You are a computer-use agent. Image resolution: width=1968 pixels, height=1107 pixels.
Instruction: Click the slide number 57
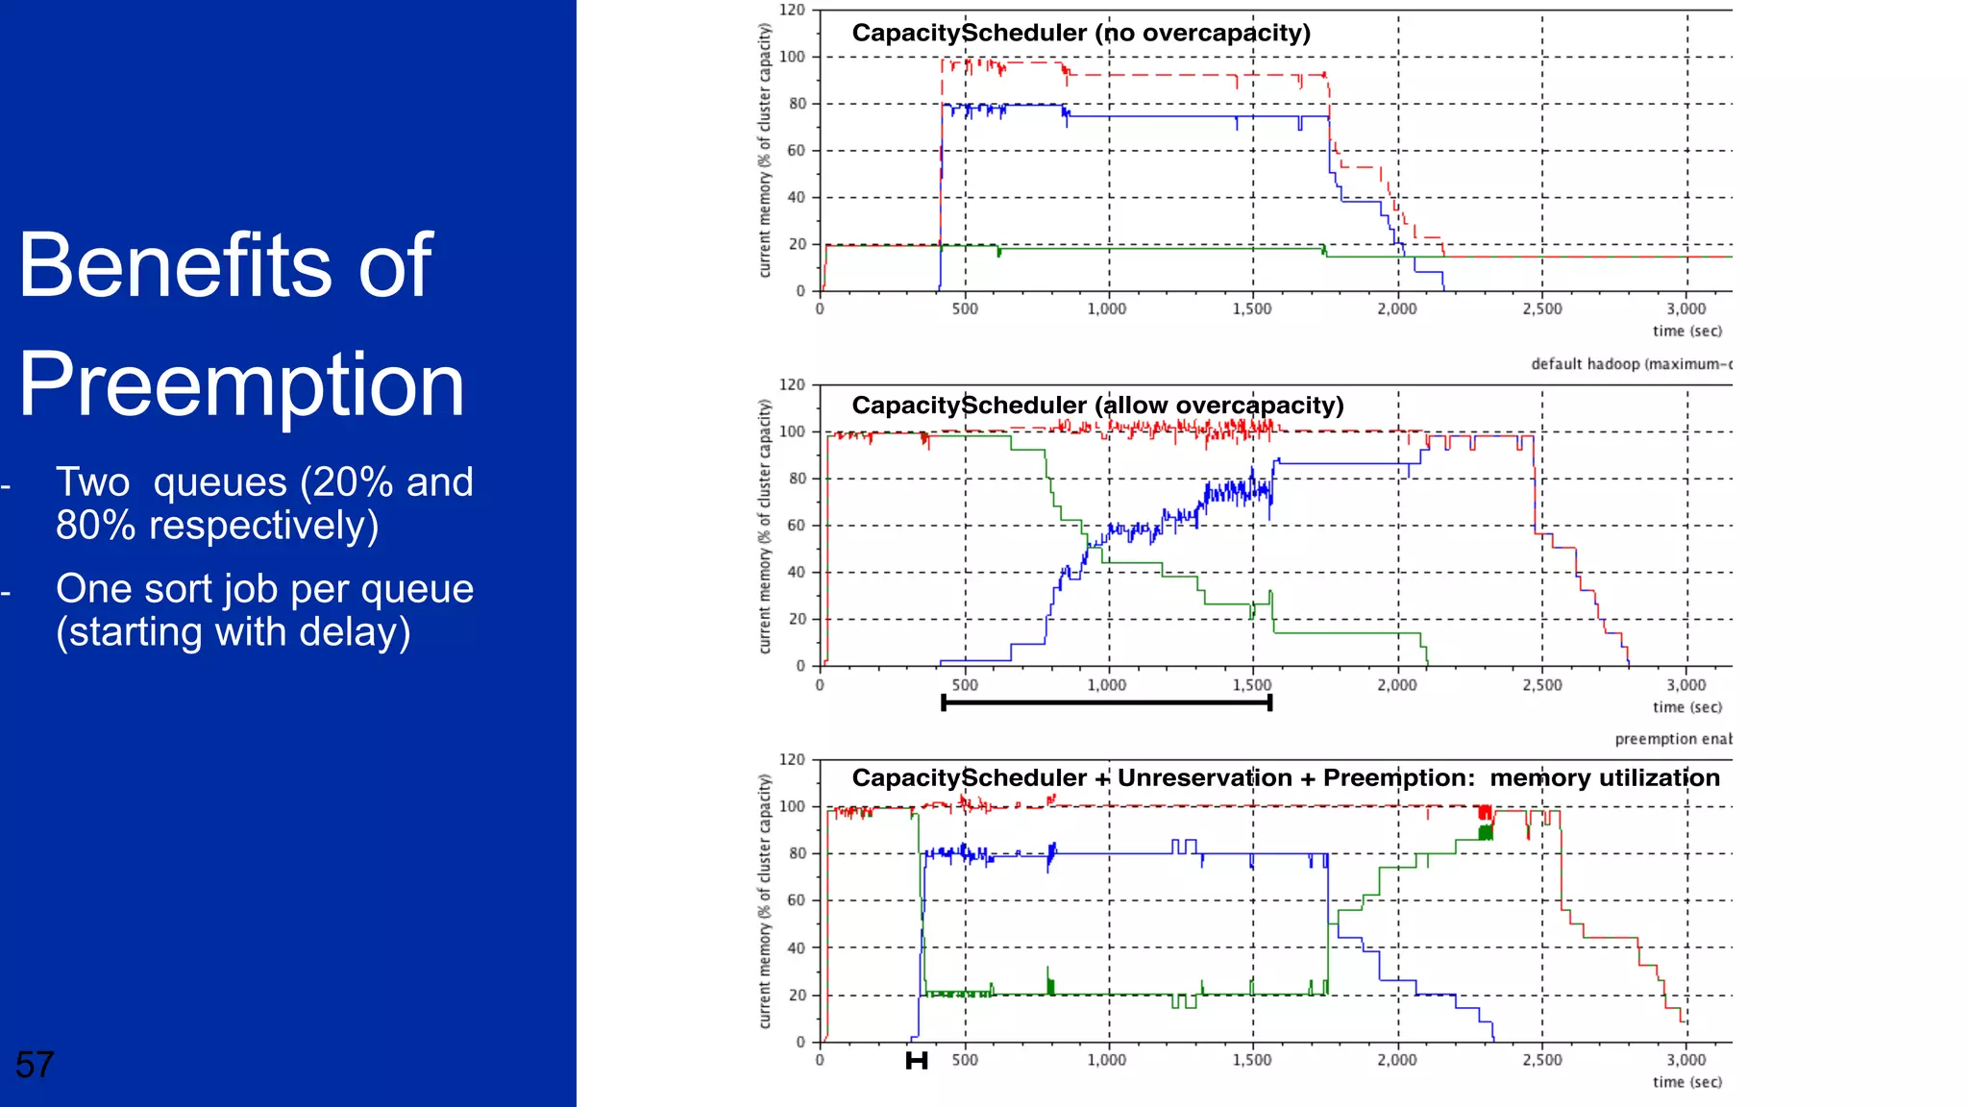[x=35, y=1065]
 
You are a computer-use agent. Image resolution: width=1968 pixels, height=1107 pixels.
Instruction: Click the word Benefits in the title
[x=173, y=265]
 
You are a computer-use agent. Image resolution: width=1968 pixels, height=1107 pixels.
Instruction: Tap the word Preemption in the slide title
[x=241, y=384]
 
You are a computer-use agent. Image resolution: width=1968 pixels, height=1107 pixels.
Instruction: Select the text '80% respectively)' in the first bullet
[x=217, y=526]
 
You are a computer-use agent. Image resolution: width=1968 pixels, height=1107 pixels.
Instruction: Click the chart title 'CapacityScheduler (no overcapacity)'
[x=1081, y=33]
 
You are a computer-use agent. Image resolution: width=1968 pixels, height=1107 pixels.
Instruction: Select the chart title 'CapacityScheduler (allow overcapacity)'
[x=1097, y=406]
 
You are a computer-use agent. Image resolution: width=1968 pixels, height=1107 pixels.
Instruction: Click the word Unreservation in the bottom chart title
[x=1204, y=778]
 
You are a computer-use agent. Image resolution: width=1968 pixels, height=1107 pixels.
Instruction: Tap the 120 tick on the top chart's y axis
[x=792, y=10]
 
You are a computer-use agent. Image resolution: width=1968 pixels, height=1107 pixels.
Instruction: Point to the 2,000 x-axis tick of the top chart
[x=1396, y=309]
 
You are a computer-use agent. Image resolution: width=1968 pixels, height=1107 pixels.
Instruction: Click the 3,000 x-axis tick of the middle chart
[x=1685, y=685]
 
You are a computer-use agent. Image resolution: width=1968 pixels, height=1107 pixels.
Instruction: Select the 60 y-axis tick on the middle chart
[x=797, y=526]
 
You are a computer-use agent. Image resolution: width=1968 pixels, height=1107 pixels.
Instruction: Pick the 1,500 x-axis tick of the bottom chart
[x=1251, y=1060]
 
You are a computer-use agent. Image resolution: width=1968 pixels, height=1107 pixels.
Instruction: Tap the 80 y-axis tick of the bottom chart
[x=797, y=853]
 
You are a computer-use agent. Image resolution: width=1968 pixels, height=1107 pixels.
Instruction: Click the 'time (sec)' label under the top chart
[x=1686, y=332]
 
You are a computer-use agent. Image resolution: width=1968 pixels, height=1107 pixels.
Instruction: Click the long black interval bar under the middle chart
[x=1107, y=703]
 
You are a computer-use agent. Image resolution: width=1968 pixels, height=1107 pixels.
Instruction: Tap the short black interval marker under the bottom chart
[x=917, y=1061]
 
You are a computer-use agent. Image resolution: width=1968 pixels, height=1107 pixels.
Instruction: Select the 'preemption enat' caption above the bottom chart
[x=1672, y=739]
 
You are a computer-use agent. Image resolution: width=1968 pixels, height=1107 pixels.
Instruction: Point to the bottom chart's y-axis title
[x=765, y=901]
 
